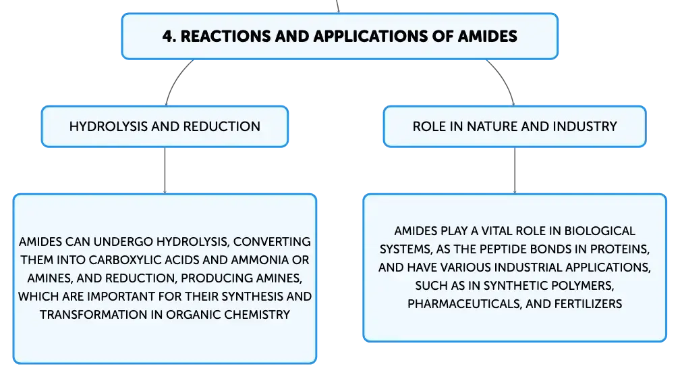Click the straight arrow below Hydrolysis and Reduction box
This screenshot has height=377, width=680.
coord(165,170)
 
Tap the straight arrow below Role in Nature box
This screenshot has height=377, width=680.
coord(515,170)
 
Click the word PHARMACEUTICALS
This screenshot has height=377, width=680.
coord(465,304)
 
